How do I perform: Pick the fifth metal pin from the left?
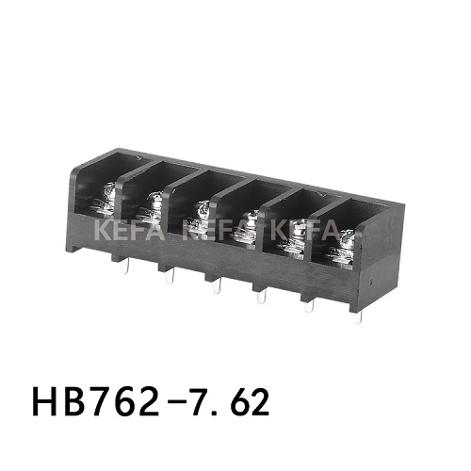click(x=307, y=307)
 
